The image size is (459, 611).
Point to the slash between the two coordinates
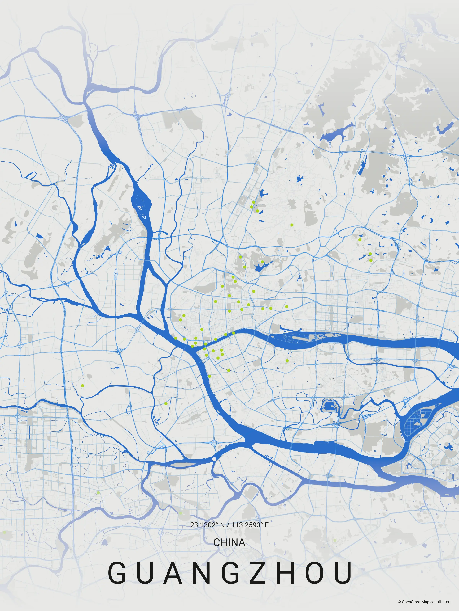(228, 525)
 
